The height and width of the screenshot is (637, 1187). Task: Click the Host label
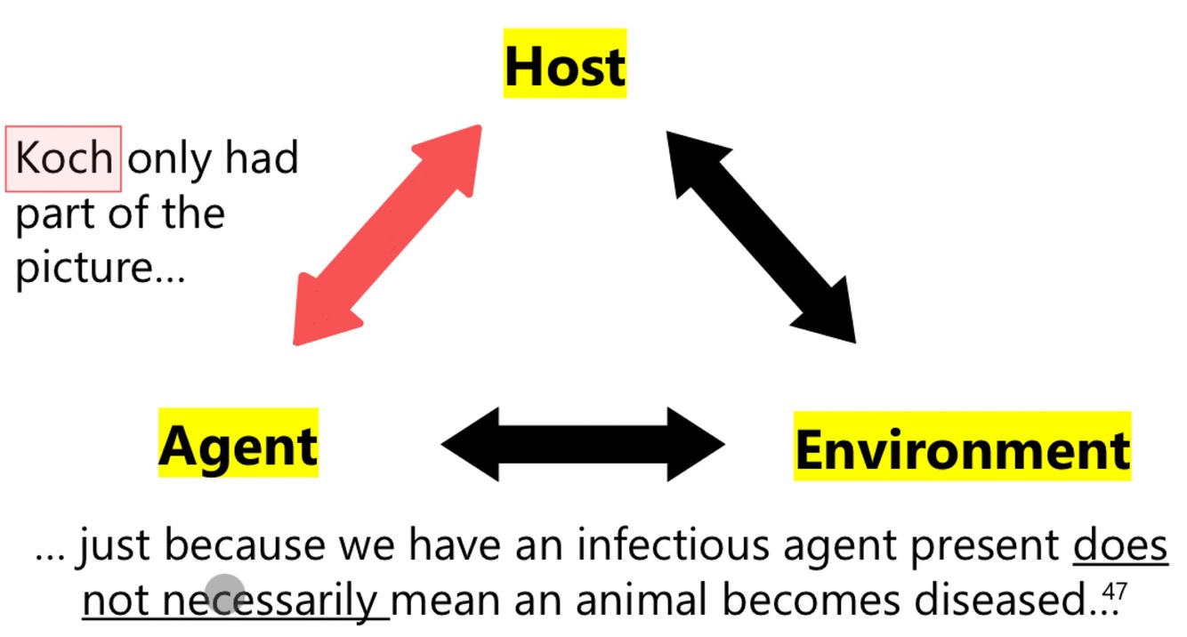coord(565,64)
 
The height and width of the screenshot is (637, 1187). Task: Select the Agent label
coord(238,444)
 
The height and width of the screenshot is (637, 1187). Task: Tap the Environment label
coord(962,448)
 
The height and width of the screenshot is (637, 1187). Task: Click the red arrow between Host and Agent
coord(388,235)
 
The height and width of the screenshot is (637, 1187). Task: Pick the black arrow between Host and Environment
coord(761,237)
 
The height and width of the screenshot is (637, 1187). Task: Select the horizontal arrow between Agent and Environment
coord(583,444)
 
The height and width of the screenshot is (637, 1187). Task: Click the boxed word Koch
coord(64,159)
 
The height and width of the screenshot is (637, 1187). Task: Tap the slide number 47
coord(1114,591)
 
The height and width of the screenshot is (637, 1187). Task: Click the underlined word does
coord(1119,545)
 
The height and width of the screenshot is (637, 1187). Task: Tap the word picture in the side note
coord(85,268)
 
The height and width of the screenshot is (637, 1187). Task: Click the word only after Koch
coord(170,159)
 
